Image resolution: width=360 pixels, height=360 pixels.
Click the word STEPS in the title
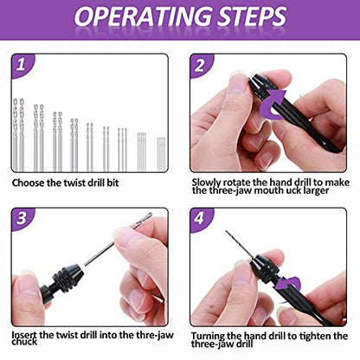point(252,16)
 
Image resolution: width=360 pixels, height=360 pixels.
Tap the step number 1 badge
point(21,65)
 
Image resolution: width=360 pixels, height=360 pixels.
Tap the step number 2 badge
point(200,66)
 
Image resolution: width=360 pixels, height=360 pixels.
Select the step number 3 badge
point(22,218)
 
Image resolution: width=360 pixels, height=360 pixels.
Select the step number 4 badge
point(200,218)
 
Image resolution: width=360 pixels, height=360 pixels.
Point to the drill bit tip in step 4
point(227,232)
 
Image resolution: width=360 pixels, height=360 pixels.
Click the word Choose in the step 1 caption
point(28,183)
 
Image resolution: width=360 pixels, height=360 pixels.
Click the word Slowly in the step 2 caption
point(207,183)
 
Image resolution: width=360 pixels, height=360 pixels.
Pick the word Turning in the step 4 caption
point(208,337)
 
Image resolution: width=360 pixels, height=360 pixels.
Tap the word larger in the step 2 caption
point(315,190)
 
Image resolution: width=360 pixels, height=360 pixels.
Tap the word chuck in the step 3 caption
point(24,342)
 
